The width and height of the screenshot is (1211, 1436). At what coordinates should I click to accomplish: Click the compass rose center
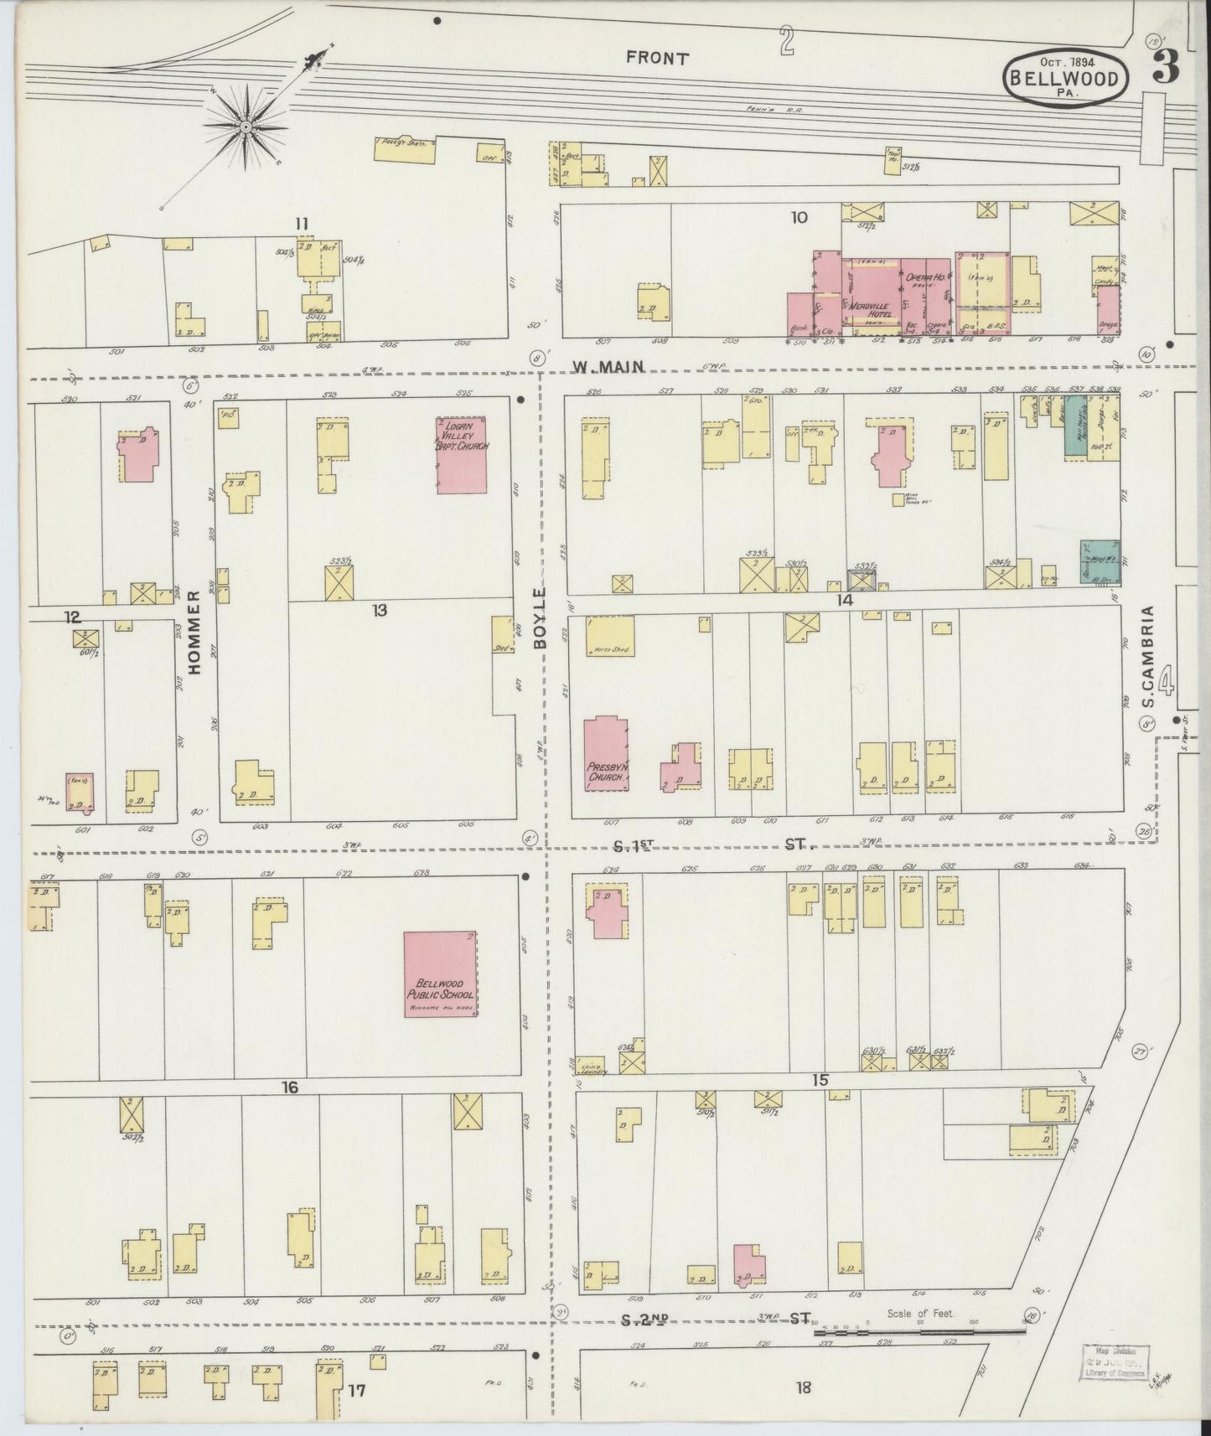pos(246,127)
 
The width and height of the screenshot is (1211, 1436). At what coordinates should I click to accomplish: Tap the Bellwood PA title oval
pos(1064,77)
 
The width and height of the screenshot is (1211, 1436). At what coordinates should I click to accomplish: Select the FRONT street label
pos(657,59)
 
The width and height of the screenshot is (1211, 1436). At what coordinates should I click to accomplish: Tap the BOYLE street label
pos(540,617)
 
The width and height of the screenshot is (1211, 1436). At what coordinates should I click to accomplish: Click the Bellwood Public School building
pos(441,974)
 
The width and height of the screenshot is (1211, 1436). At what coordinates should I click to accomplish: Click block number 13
pos(380,611)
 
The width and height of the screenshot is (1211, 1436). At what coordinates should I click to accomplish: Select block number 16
pos(290,1087)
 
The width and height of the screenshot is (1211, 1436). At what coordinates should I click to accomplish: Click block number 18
pos(803,1387)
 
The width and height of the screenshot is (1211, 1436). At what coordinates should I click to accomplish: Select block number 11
pos(302,223)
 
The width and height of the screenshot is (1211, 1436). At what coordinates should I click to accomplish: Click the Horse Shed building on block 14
pos(609,636)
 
